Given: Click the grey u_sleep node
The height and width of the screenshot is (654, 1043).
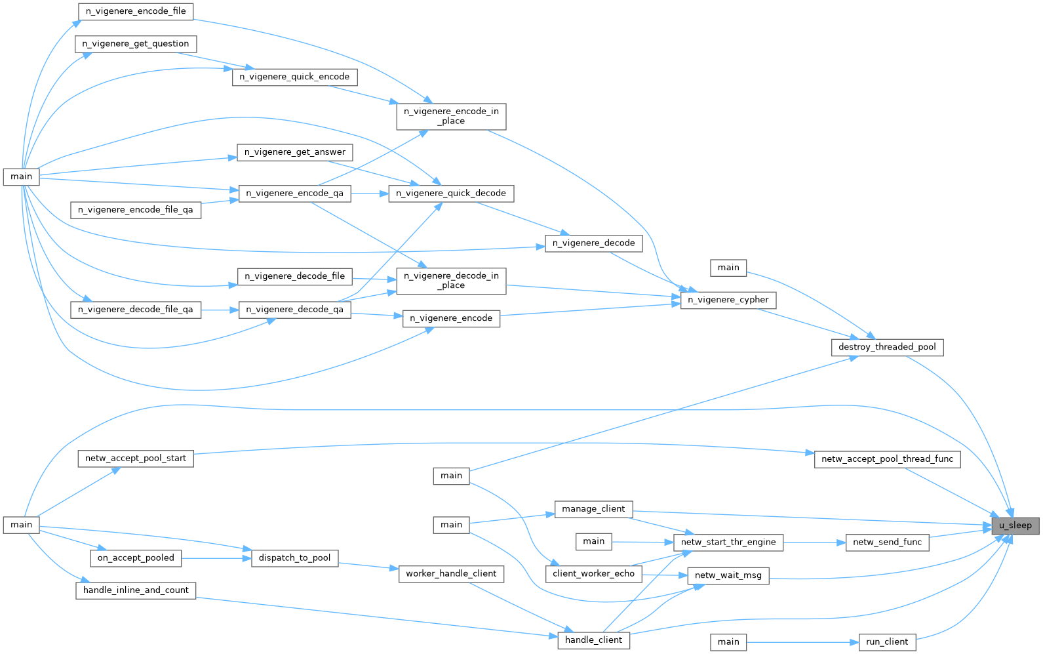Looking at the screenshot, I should point(1015,525).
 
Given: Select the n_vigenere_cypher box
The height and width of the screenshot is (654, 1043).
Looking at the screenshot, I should point(728,300).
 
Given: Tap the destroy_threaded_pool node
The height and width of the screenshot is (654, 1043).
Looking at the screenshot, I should point(887,347).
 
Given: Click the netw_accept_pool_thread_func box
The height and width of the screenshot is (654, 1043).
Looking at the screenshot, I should point(887,459).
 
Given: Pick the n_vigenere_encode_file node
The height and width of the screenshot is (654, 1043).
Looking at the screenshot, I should point(136,11).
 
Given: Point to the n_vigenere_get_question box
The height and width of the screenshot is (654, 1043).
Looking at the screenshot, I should point(136,44).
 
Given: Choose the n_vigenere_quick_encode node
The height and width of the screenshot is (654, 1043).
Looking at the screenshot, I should point(294,77).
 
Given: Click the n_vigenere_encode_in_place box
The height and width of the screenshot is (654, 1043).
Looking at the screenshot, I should point(451,116).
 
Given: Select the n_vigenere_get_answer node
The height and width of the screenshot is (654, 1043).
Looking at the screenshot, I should point(294,152).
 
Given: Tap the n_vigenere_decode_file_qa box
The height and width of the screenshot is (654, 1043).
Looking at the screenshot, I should point(136,310).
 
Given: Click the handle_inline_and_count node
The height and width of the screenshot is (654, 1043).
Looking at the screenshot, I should point(136,590).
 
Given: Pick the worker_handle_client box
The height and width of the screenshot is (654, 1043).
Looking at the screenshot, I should point(451,574).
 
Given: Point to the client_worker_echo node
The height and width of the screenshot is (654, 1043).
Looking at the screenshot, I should point(593,574).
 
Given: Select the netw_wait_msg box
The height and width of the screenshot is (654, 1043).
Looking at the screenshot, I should point(728,576).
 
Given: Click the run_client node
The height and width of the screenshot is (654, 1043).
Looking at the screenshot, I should point(887,642).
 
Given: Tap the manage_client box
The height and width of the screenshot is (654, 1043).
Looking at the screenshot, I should point(593,509).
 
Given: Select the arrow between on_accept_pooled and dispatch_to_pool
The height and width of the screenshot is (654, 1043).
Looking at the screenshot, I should point(216,558).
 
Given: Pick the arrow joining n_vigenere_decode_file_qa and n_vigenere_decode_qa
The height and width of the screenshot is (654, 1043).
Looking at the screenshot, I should point(220,310).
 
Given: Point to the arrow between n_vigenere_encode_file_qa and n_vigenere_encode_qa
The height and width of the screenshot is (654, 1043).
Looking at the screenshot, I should point(220,202).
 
